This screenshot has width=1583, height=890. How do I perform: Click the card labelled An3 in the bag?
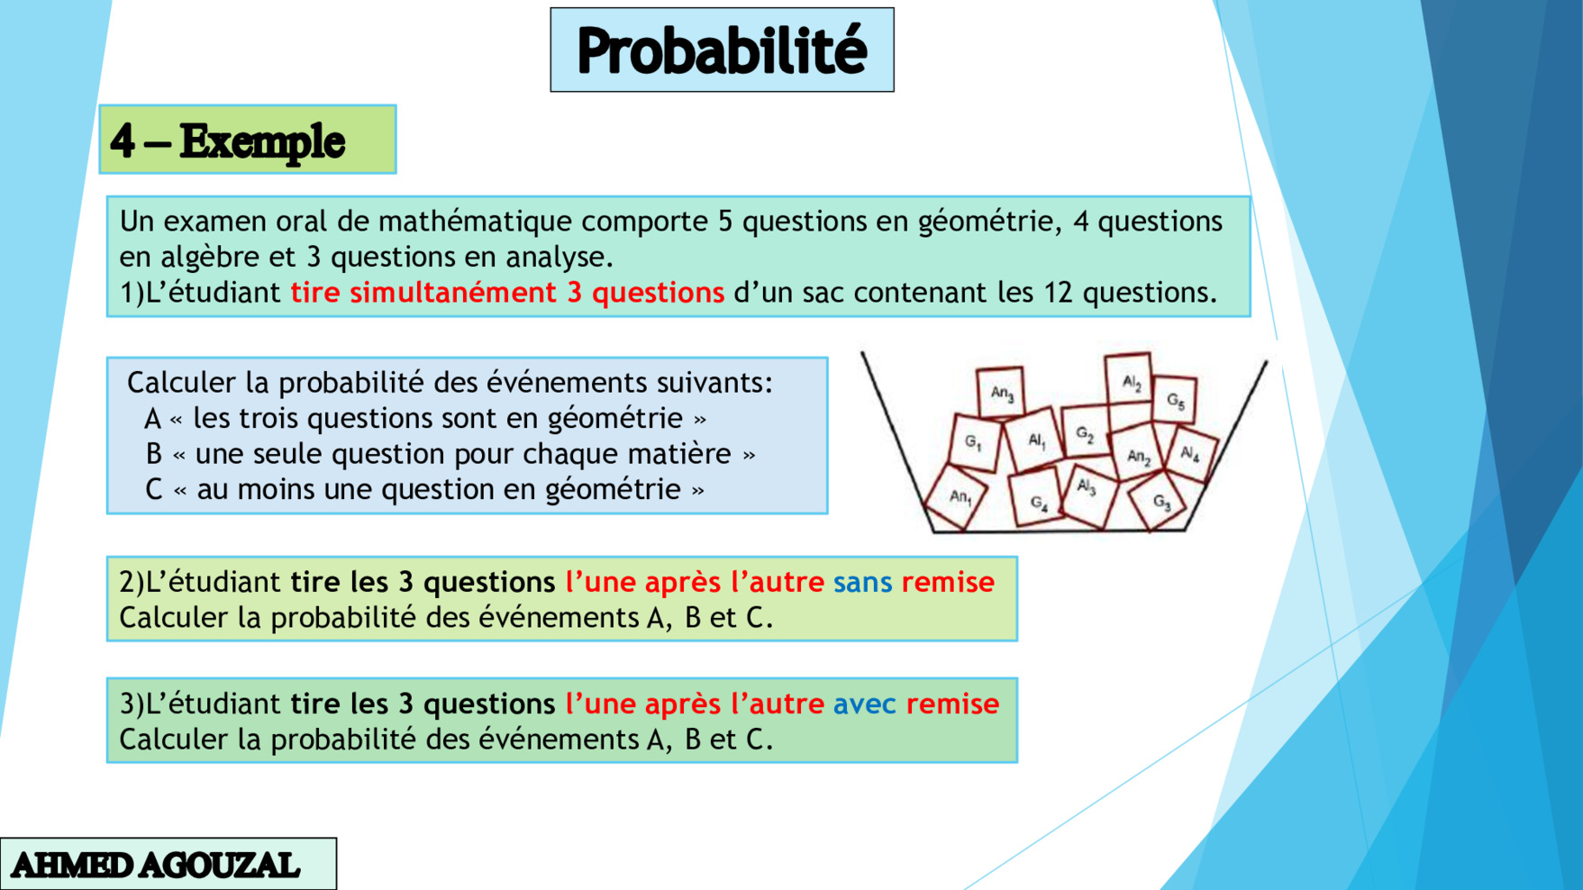point(1001,393)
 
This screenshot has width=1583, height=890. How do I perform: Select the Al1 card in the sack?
point(1036,440)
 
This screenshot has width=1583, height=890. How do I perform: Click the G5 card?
point(1175,400)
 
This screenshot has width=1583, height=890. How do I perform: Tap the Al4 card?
point(1190,453)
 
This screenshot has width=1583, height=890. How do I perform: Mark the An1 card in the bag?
point(960,496)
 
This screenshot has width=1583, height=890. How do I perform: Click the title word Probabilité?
point(722,50)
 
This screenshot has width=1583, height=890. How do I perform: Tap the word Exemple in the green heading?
point(262,141)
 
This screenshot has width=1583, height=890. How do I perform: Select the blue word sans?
point(862,582)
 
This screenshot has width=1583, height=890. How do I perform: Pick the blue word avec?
point(864,704)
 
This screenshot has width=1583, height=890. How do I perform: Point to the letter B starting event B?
point(154,454)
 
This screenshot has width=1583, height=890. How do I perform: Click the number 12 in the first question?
point(1059,293)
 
